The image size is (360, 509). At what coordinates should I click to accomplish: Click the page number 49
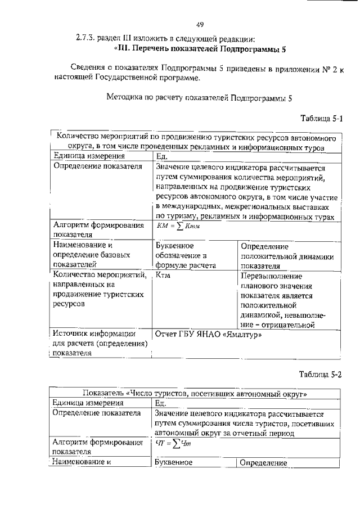[x=199, y=24]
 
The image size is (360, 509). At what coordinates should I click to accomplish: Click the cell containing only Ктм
[x=163, y=276]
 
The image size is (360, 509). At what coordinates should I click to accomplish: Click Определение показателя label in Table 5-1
[x=96, y=167]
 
